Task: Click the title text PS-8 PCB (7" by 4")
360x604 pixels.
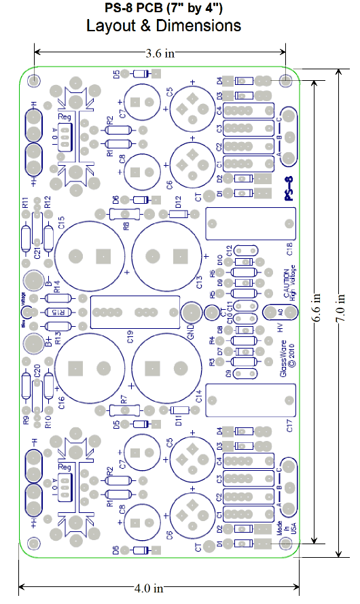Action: point(163,8)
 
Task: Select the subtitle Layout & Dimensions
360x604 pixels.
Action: point(163,26)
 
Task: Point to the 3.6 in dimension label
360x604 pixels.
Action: point(160,52)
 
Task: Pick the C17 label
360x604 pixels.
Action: point(289,426)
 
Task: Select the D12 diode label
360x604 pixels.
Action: point(178,202)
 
